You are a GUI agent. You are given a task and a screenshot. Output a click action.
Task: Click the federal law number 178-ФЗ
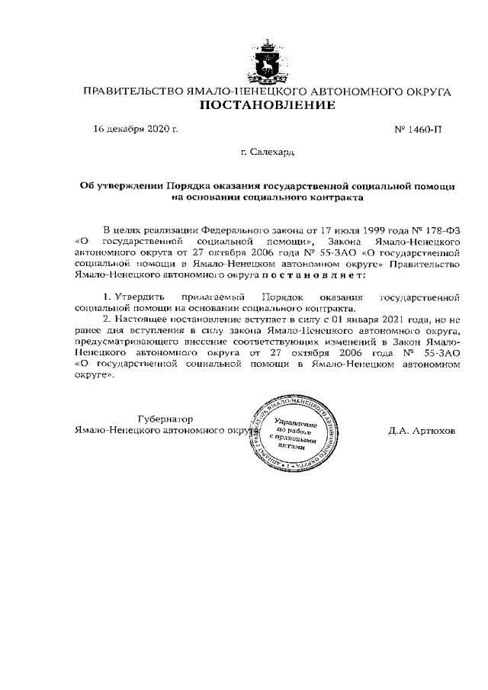[x=443, y=229]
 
